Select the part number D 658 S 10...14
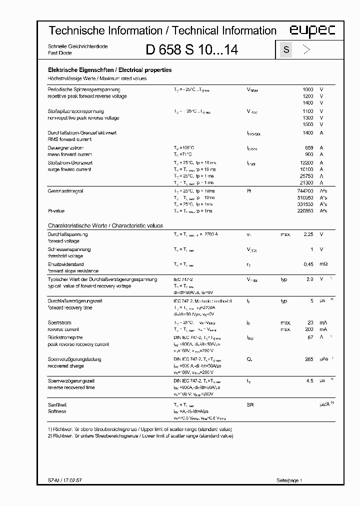pyautogui.click(x=192, y=50)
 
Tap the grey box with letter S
pyautogui.click(x=286, y=49)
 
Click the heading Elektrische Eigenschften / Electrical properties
pyautogui.click(x=109, y=70)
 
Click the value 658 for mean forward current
pyautogui.click(x=309, y=148)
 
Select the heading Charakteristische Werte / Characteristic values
pyautogui.click(x=105, y=226)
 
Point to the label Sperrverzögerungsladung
pyautogui.click(x=74, y=359)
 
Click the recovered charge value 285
pyautogui.click(x=308, y=359)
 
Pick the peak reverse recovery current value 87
pyautogui.click(x=310, y=337)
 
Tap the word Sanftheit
pyautogui.click(x=57, y=404)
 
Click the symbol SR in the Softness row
pyautogui.click(x=250, y=404)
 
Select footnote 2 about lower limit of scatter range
pyautogui.click(x=140, y=436)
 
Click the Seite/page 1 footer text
pyautogui.click(x=289, y=480)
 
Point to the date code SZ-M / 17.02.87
pyautogui.click(x=65, y=480)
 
